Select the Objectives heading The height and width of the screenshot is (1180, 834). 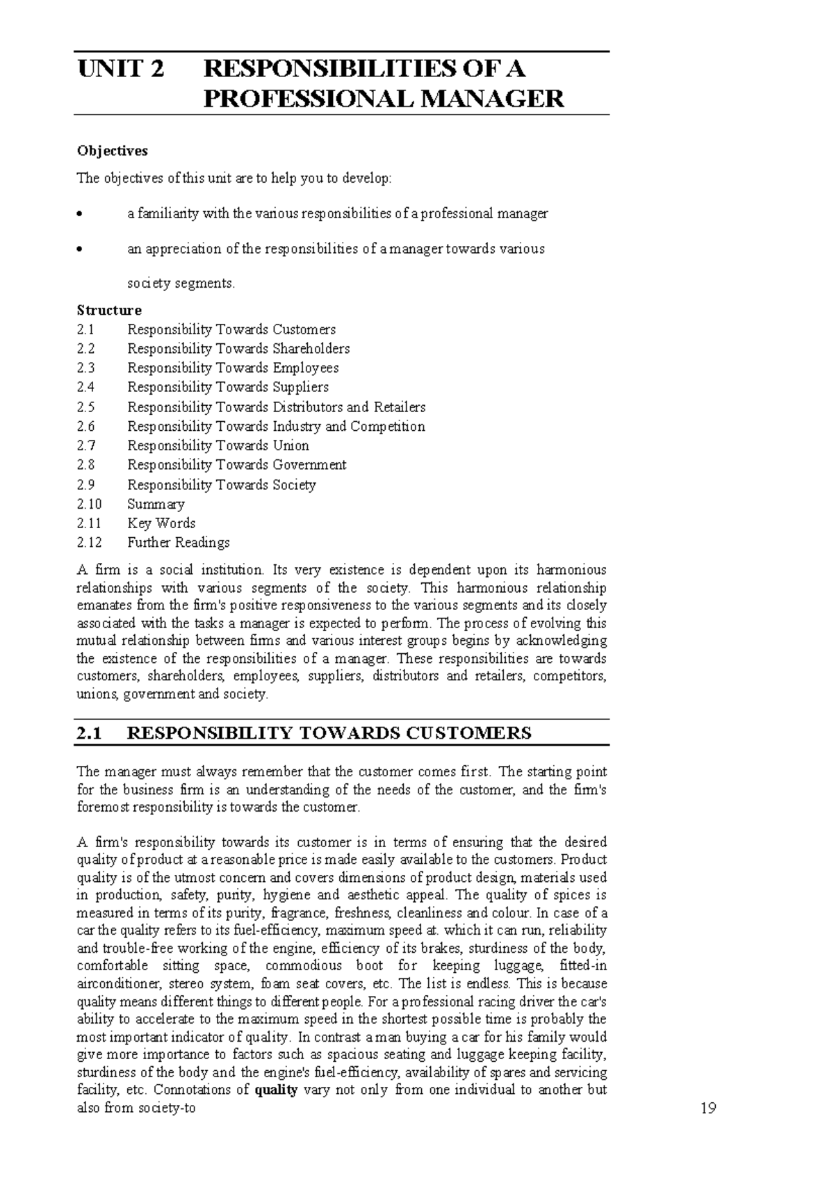[112, 151]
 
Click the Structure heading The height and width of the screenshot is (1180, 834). [108, 310]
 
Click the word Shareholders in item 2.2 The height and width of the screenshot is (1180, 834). [311, 348]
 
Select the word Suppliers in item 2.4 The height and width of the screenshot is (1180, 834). [300, 387]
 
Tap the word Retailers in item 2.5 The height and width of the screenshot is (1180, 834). [399, 407]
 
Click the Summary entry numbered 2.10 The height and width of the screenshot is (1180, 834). [156, 504]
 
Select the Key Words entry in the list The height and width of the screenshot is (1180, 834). [161, 523]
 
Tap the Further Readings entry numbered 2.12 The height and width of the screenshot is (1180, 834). [178, 542]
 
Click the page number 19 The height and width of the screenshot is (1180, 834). [708, 1108]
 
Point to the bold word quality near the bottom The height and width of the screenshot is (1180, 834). [276, 1090]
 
